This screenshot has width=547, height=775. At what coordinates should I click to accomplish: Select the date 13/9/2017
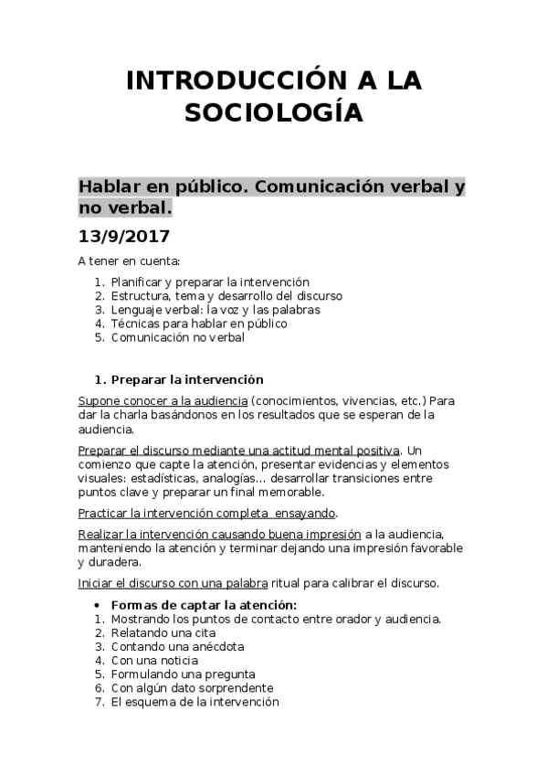click(123, 235)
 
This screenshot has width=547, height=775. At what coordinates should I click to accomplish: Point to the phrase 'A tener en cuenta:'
click(129, 260)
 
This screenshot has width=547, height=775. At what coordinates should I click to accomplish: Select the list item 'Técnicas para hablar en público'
click(198, 324)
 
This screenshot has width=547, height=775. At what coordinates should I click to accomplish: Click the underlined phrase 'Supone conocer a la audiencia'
click(163, 401)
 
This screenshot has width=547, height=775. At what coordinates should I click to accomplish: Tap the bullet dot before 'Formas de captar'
click(98, 605)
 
